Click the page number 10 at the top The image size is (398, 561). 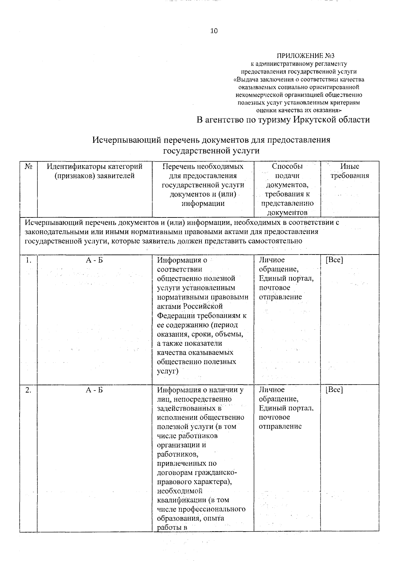point(214,31)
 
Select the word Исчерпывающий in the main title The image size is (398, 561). point(126,140)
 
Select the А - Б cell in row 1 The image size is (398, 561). point(95,260)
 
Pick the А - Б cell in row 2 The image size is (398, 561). point(95,390)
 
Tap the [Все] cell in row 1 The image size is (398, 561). point(334,260)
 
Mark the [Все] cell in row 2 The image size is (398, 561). point(334,390)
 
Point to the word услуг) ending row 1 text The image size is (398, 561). point(167,371)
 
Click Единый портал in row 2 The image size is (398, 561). point(286,408)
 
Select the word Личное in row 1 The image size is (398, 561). point(272,260)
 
